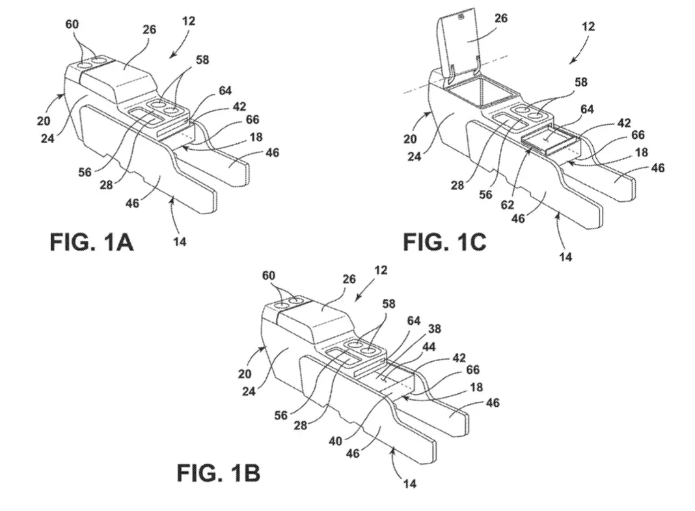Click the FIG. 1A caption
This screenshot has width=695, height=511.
click(92, 242)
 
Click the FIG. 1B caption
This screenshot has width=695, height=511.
click(219, 473)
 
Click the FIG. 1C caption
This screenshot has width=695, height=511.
click(444, 242)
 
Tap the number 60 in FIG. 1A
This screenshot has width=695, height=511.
click(72, 24)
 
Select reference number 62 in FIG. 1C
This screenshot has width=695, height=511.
click(507, 204)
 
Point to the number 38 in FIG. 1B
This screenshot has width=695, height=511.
click(434, 328)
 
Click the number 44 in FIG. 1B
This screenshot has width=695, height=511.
click(428, 346)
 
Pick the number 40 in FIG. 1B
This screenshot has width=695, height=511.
click(335, 441)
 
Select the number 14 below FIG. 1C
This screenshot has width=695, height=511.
click(565, 256)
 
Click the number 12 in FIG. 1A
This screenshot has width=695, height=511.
click(188, 21)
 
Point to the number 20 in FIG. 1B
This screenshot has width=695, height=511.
click(244, 374)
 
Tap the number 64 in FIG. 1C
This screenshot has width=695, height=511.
click(587, 109)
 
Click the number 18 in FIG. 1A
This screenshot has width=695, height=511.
click(256, 137)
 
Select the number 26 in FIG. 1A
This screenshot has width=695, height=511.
click(150, 29)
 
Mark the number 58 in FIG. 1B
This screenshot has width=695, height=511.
click(388, 304)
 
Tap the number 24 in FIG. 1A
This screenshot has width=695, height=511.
click(48, 138)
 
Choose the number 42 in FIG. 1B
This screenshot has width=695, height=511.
click(459, 357)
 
